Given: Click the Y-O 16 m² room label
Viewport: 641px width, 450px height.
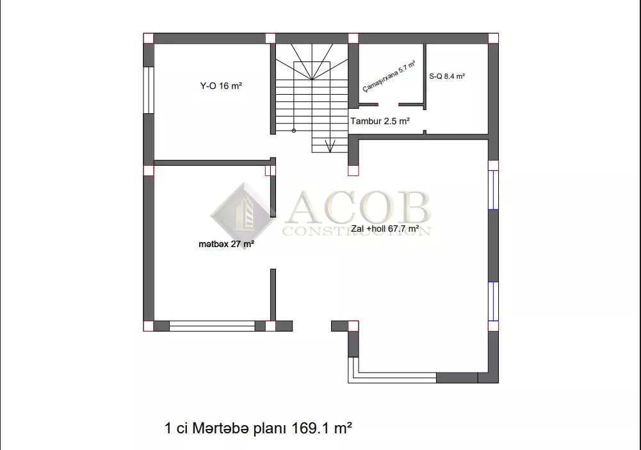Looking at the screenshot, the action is click(x=221, y=86).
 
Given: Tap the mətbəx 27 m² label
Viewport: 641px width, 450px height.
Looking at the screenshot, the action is click(x=226, y=244).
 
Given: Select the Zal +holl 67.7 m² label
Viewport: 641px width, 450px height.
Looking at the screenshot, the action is click(x=385, y=229).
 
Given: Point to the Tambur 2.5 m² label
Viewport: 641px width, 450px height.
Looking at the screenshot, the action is click(x=380, y=121).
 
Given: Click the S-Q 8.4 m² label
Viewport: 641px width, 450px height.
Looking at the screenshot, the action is click(x=447, y=76).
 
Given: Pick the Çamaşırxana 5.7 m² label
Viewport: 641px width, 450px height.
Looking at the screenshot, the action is click(x=389, y=76).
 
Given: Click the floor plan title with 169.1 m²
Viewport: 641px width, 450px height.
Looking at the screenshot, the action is click(x=258, y=428).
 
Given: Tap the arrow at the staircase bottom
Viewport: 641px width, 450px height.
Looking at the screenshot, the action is click(x=330, y=146).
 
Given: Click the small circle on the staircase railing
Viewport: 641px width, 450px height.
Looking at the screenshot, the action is click(x=293, y=131).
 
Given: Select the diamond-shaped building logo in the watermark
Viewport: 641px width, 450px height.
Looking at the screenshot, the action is click(x=243, y=216).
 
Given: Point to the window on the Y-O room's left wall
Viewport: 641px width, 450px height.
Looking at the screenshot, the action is click(x=149, y=90).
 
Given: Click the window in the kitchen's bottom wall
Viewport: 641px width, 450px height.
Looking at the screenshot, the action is click(x=212, y=326).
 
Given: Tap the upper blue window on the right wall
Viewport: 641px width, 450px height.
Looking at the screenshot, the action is click(x=494, y=190).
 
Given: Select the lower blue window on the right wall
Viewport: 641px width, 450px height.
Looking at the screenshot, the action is click(x=494, y=301).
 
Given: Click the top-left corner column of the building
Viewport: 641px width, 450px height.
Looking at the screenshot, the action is click(x=149, y=38).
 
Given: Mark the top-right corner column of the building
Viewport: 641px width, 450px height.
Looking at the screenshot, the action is click(x=494, y=38).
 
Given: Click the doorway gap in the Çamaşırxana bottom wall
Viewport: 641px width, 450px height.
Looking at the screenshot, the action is click(x=388, y=104).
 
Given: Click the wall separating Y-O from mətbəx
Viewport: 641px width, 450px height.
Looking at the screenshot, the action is click(x=212, y=163).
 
